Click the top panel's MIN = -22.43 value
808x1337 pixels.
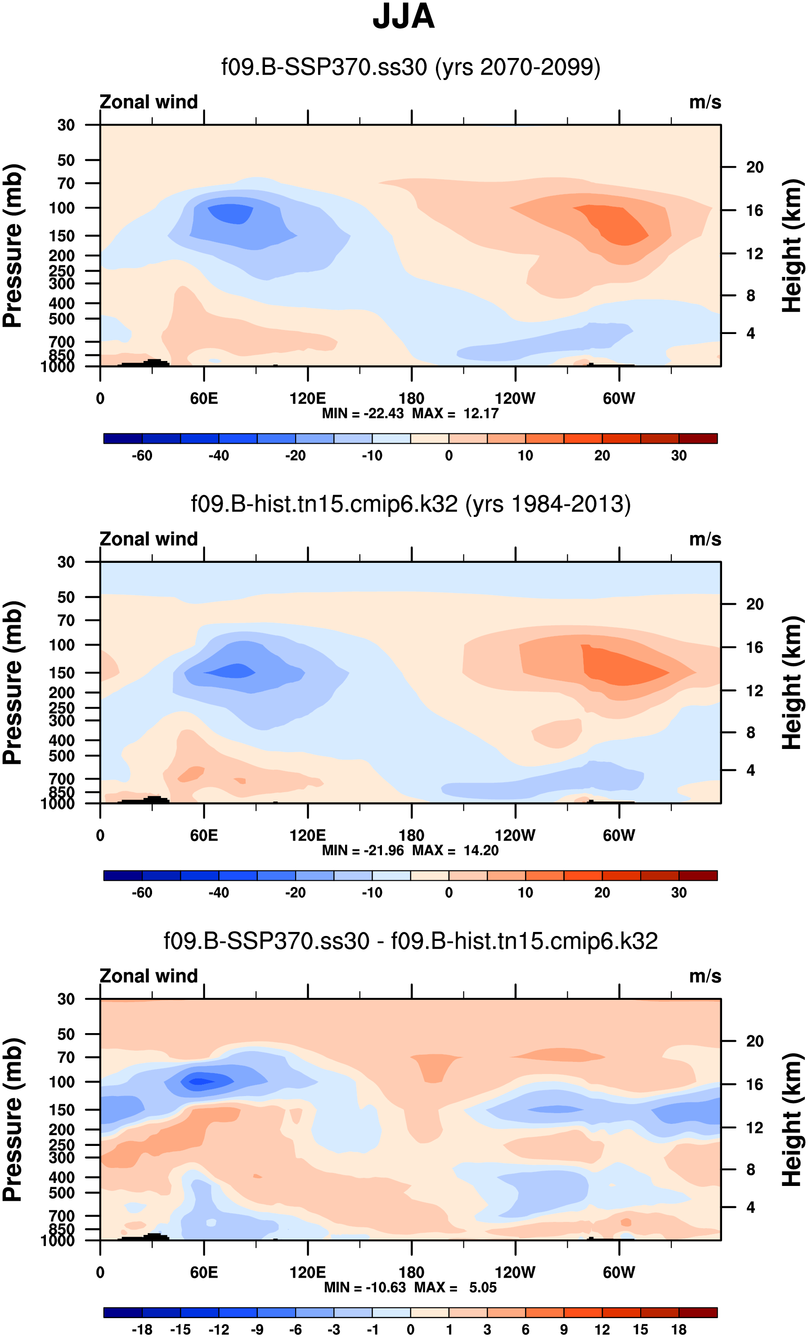click(363, 414)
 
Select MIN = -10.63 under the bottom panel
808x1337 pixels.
click(365, 1288)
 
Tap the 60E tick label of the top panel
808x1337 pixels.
click(204, 399)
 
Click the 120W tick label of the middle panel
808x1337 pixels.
click(515, 836)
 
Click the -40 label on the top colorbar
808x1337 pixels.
click(219, 456)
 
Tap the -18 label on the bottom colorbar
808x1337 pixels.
click(142, 1329)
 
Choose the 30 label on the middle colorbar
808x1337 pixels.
click(679, 892)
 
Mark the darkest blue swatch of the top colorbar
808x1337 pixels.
click(123, 438)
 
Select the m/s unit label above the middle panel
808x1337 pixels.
click(705, 539)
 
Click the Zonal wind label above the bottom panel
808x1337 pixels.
click(149, 976)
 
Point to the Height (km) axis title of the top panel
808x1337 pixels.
click(792, 245)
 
